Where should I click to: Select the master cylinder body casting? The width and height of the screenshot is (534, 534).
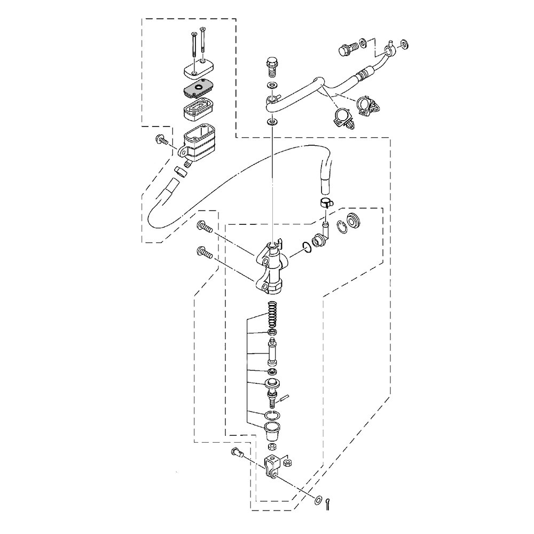click(x=273, y=267)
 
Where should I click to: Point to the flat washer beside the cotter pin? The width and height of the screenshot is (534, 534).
click(x=319, y=500)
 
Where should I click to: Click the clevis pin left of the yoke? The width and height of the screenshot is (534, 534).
click(x=238, y=454)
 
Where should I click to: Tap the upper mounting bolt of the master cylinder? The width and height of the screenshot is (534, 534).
click(x=205, y=226)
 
